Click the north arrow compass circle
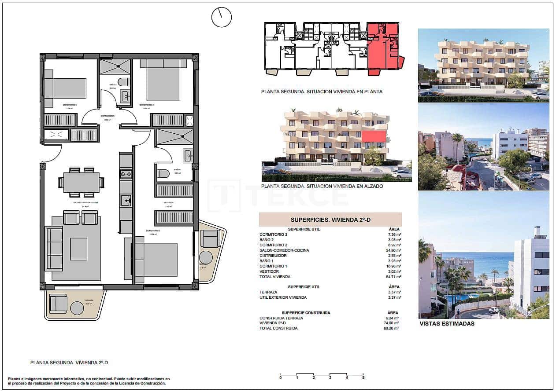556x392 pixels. click(x=221, y=17)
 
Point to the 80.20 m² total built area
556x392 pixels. click(x=391, y=328)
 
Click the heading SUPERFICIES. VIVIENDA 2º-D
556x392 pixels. click(x=330, y=220)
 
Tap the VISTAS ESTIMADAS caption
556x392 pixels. click(x=447, y=323)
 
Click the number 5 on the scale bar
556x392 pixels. click(x=363, y=377)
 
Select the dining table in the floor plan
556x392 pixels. click(x=81, y=183)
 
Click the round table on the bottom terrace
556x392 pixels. click(x=77, y=308)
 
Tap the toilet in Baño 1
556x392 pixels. click(x=163, y=174)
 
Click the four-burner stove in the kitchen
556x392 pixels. click(x=126, y=174)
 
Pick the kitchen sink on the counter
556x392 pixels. click(x=126, y=201)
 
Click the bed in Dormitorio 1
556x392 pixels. click(x=156, y=259)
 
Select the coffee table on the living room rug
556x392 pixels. click(x=78, y=249)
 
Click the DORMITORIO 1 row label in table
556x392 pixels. click(x=273, y=266)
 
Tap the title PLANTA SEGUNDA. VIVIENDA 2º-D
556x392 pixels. click(x=69, y=363)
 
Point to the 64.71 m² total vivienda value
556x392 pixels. click(x=391, y=277)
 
